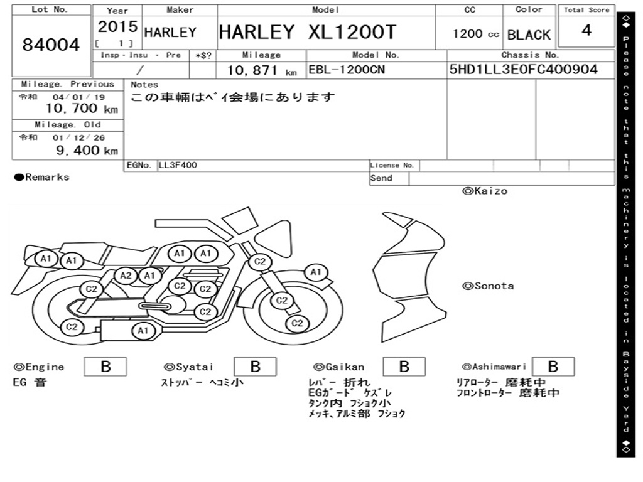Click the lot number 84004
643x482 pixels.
51,45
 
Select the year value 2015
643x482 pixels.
117,26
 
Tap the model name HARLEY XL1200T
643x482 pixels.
308,32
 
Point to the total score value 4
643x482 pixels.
586,30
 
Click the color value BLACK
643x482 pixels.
529,35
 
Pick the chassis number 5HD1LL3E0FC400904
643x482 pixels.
523,69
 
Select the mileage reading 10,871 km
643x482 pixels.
262,70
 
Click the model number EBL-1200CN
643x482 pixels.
347,70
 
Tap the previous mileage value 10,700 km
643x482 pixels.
82,109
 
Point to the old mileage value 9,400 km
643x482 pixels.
87,151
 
